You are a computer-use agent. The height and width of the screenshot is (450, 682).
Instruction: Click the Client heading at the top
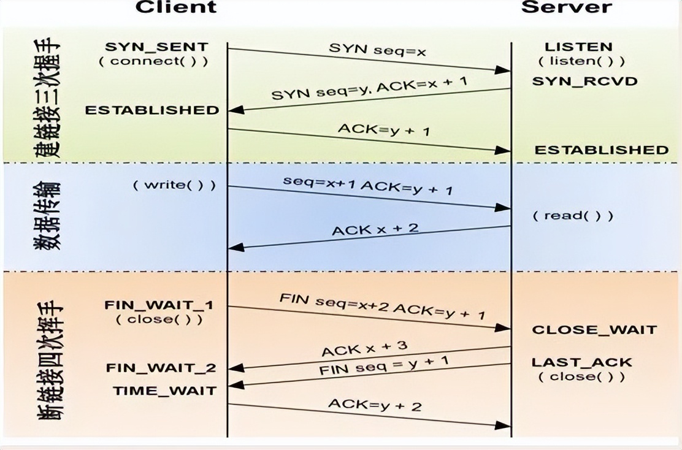[x=175, y=7]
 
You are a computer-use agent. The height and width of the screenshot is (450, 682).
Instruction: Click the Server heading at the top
[x=566, y=7]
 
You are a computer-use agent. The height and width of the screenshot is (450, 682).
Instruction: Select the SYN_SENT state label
[x=156, y=47]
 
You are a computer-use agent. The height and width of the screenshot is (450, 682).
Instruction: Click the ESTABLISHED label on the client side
[x=151, y=110]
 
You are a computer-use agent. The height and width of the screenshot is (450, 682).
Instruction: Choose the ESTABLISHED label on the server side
[x=601, y=150]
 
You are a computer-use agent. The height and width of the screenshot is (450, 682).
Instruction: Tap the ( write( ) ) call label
[x=175, y=185]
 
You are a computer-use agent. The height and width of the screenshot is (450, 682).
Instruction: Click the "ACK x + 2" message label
[x=375, y=230]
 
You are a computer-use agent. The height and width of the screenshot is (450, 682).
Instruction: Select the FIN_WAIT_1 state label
[x=159, y=305]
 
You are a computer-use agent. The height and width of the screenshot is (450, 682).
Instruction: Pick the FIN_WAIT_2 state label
[x=161, y=368]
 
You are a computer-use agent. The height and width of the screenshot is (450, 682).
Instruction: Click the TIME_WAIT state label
[x=164, y=391]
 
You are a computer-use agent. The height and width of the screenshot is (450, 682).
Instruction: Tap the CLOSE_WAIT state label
[x=594, y=330]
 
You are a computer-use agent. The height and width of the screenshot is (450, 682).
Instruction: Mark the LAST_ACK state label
[x=581, y=362]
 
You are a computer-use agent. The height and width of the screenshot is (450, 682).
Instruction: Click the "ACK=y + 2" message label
[x=375, y=405]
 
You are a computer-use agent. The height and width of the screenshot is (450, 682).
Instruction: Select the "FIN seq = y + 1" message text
[x=383, y=367]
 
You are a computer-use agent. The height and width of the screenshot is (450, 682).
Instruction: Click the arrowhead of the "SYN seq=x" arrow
[x=504, y=71]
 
